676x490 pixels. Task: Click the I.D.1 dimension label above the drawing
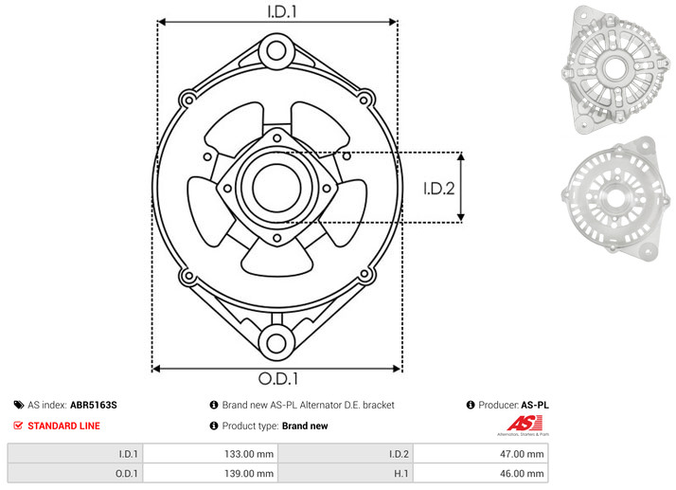pos(282,11)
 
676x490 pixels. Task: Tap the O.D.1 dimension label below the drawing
pos(278,378)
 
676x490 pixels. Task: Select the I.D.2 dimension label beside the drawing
pos(439,189)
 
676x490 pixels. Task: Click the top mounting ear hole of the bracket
pos(276,50)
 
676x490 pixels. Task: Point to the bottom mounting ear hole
pos(276,343)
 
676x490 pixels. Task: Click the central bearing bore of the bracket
pos(276,188)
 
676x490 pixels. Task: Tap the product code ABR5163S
pos(94,405)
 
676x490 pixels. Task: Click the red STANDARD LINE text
pos(63,426)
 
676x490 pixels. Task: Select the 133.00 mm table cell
pos(210,454)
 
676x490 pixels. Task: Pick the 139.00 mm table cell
pos(210,473)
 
